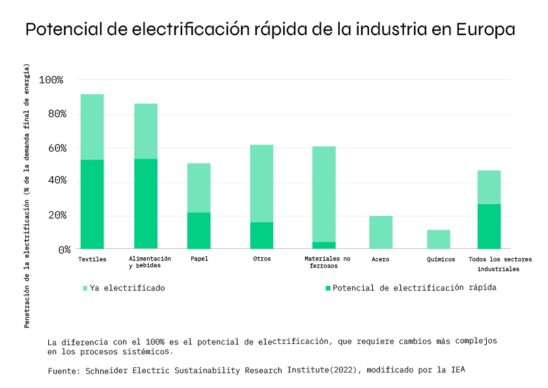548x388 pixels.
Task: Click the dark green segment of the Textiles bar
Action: pos(92,204)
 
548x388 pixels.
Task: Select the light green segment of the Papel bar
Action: pos(199,187)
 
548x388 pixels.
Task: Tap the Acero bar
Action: pos(381,232)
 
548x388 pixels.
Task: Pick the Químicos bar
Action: pos(438,239)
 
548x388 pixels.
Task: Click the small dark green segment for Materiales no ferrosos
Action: pos(323,245)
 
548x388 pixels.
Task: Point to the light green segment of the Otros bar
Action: pos(262,183)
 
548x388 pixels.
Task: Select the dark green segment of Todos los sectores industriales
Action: pos(489,226)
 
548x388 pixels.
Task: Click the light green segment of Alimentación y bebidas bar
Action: pos(146,131)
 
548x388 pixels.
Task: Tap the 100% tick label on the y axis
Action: pos(51,80)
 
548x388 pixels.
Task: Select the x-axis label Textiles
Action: pos(92,259)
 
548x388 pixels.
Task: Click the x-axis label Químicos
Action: pos(441,259)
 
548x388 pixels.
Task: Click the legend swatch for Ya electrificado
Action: pos(85,288)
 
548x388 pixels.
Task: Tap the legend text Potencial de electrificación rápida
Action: pos(414,287)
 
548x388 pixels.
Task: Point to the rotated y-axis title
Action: pos(27,195)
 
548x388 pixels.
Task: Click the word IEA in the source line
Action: pos(458,370)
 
